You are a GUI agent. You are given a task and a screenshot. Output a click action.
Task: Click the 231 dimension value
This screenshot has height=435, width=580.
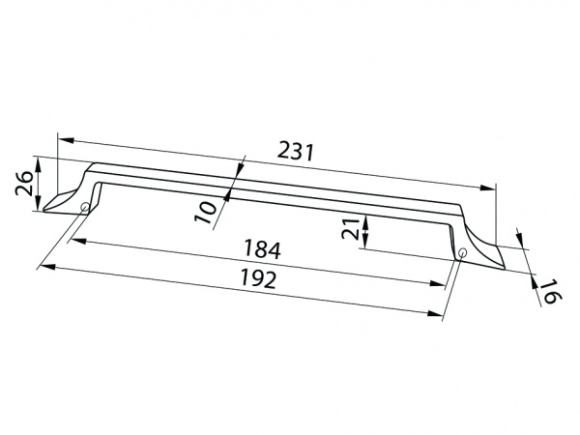tap(297, 153)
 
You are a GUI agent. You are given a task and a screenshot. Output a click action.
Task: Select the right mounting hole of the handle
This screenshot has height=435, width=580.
tap(462, 254)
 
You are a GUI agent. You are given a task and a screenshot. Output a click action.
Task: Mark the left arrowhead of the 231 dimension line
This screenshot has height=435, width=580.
tap(62, 138)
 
